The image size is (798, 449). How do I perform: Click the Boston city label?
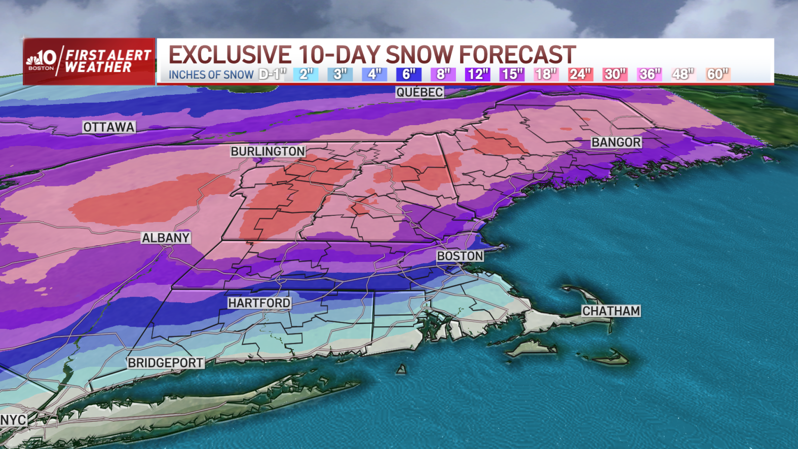[460, 256]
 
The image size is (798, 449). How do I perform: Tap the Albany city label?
[166, 238]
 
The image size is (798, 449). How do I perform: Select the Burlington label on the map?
[268, 151]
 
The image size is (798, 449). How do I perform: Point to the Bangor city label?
[616, 142]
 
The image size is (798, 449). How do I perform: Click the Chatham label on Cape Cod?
[611, 311]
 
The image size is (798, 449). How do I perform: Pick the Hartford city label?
[259, 303]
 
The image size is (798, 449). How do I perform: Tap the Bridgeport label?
[166, 363]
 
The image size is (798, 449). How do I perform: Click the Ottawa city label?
[109, 127]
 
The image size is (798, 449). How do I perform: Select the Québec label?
[420, 92]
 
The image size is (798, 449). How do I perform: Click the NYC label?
[13, 420]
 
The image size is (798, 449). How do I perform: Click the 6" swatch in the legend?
[409, 74]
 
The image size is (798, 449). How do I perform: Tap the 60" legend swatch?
[717, 74]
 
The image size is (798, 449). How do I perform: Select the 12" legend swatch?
[477, 74]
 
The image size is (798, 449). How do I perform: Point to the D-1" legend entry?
[273, 74]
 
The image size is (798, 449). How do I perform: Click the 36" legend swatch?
[650, 74]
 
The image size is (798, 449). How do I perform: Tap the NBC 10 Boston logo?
[42, 61]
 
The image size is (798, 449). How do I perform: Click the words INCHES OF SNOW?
[211, 75]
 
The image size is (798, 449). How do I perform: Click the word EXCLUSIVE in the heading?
[230, 55]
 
